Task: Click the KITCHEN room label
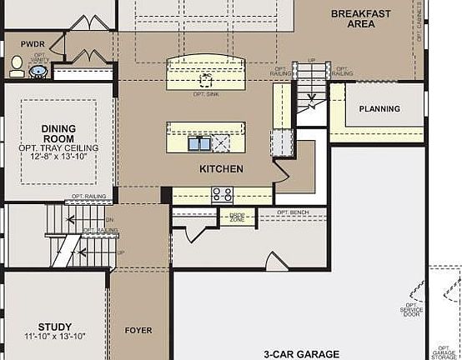[x=221, y=169]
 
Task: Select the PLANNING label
[x=379, y=109]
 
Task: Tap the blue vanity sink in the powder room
[x=38, y=72]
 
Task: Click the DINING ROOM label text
[x=58, y=133]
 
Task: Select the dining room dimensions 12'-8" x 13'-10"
[x=58, y=157]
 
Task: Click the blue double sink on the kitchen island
[x=198, y=144]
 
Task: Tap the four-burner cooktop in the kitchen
[x=222, y=194]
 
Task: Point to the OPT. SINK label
[x=206, y=94]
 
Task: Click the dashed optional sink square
[x=206, y=80]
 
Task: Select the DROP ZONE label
[x=236, y=217]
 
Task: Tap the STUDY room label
[x=54, y=327]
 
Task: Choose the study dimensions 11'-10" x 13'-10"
[x=54, y=337]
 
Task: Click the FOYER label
[x=138, y=331]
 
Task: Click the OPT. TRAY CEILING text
[x=58, y=147]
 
